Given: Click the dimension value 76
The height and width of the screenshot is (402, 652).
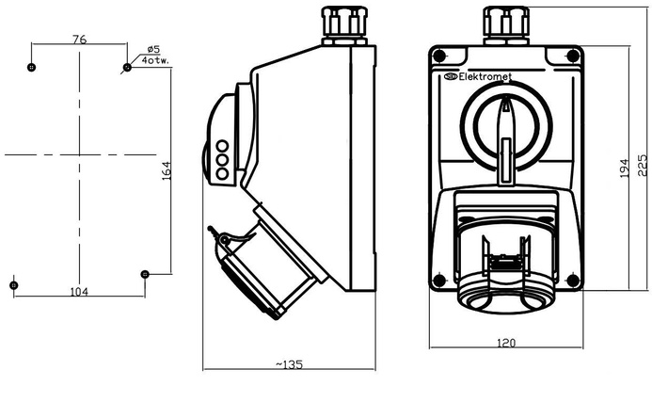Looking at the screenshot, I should [x=79, y=40].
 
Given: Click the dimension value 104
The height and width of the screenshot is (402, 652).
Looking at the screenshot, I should [x=79, y=292].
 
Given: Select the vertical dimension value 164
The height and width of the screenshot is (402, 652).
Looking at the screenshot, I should [x=166, y=170].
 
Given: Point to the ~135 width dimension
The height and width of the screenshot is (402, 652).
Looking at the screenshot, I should [x=288, y=363].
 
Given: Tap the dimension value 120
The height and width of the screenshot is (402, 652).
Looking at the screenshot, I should [x=506, y=345].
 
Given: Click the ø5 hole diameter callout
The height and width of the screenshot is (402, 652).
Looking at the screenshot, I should [x=153, y=49].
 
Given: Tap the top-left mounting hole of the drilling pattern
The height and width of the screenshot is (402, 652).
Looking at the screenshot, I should [x=32, y=68].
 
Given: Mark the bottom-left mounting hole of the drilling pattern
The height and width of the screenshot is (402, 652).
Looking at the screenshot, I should [x=13, y=283].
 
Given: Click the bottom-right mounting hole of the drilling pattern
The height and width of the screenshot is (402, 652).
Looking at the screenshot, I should [x=144, y=274].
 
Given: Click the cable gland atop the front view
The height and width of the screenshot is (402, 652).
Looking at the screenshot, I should [x=506, y=26].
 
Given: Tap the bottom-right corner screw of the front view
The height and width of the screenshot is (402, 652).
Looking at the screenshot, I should [x=573, y=280].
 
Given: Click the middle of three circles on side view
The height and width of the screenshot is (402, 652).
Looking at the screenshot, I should [x=223, y=160].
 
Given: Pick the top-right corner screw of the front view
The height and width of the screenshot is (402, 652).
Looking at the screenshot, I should [x=573, y=56].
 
